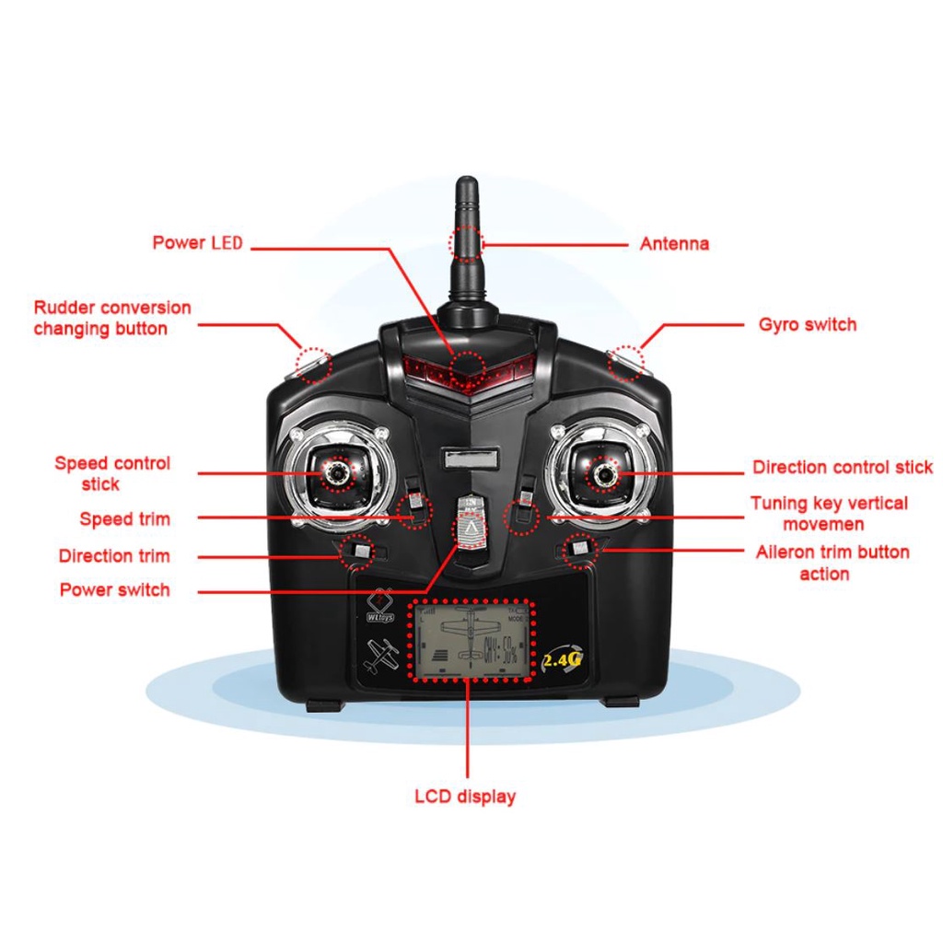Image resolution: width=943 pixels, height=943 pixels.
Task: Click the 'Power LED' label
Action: tap(197, 243)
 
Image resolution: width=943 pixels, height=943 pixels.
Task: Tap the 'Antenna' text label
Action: tap(674, 244)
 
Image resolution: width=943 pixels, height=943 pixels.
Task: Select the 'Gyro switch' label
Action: tap(807, 324)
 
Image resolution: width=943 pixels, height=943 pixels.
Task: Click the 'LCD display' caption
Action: tap(465, 797)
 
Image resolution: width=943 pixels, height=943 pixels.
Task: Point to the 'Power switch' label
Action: tap(115, 589)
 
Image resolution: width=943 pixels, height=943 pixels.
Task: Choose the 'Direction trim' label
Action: tap(114, 556)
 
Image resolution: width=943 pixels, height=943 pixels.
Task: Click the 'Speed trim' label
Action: tap(124, 519)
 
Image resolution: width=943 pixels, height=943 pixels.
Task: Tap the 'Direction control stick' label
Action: tap(842, 468)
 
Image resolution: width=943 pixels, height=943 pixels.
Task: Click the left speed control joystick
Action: tap(337, 472)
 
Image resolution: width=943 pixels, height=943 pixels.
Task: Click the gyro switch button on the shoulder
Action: tap(626, 362)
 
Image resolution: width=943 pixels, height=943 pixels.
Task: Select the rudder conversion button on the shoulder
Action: tap(313, 364)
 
